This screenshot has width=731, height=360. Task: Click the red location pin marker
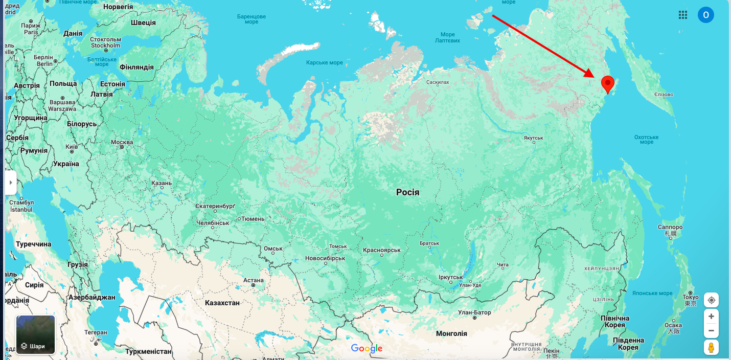(x=607, y=83)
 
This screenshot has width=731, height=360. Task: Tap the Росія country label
(x=407, y=192)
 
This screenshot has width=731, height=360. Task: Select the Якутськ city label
(x=533, y=138)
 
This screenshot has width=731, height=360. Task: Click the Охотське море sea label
(x=646, y=140)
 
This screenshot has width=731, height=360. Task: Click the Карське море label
(x=325, y=62)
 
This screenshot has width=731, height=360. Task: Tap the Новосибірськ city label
(x=325, y=258)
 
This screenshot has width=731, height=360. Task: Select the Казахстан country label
(x=222, y=303)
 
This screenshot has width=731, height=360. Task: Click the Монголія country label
(x=451, y=333)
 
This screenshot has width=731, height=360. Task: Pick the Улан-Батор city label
(x=474, y=312)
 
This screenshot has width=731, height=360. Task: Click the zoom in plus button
(x=711, y=316)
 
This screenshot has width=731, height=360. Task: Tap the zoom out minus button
(x=711, y=330)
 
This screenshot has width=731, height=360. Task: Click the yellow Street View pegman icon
(x=711, y=348)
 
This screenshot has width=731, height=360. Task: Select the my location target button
(x=711, y=300)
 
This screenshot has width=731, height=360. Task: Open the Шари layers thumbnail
(x=35, y=335)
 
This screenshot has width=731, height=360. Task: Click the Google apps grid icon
(x=683, y=15)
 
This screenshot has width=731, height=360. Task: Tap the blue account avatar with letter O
(x=705, y=15)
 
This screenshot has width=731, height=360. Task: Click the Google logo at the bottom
(x=367, y=349)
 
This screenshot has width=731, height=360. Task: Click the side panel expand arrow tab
(x=11, y=183)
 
